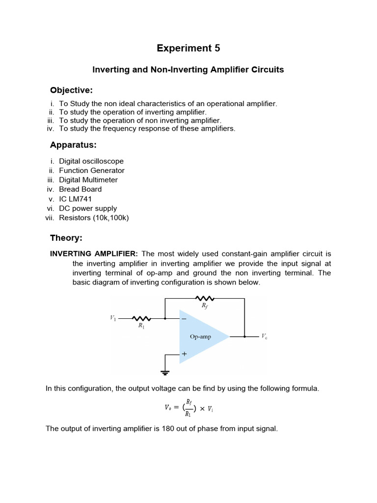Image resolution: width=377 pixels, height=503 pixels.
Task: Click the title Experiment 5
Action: (x=188, y=48)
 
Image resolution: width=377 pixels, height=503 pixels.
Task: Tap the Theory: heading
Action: (x=66, y=238)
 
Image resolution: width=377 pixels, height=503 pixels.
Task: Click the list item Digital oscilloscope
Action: (x=91, y=161)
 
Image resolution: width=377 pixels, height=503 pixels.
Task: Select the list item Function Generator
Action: (x=92, y=170)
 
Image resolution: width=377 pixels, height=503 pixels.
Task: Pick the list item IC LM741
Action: (x=75, y=199)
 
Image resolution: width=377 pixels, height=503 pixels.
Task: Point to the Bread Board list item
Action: (x=81, y=189)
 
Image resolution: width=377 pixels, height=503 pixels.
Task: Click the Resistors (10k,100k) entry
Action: (x=94, y=218)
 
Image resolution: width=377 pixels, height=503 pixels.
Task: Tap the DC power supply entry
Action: (x=88, y=208)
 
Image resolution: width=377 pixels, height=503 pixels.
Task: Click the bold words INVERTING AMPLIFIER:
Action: (x=95, y=254)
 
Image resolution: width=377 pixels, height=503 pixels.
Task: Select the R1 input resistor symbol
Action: (x=141, y=318)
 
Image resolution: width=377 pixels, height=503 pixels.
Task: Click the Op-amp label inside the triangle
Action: (x=201, y=336)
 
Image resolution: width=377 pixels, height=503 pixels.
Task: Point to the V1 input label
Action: (x=113, y=318)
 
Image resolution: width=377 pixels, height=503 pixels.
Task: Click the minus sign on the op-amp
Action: (x=185, y=319)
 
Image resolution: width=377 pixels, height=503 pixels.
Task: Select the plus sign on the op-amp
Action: (x=185, y=354)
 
